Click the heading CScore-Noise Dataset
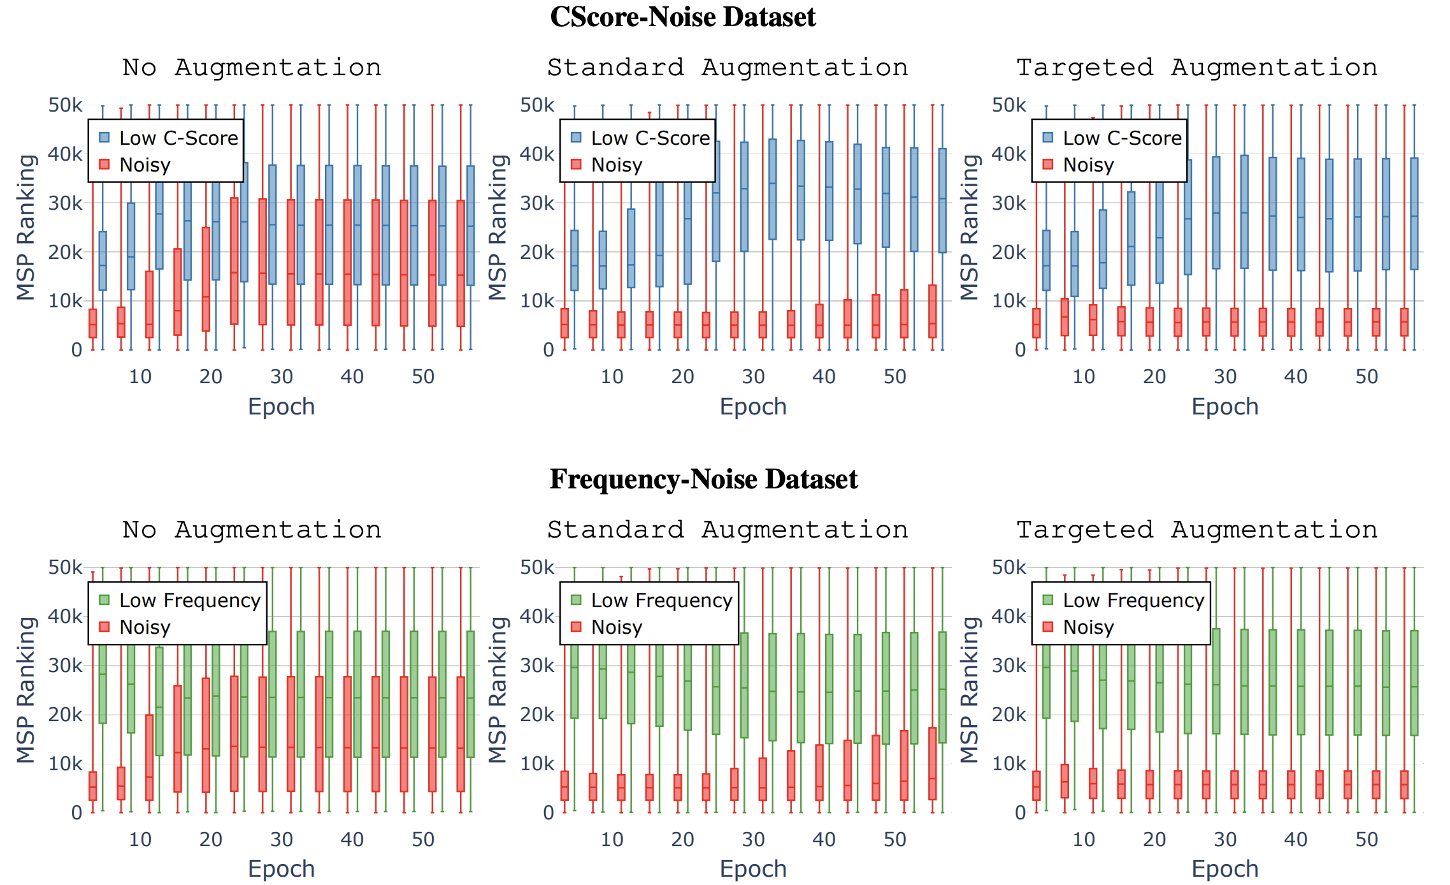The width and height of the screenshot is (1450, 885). coord(682,17)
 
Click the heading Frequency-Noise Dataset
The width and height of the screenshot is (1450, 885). coord(703,479)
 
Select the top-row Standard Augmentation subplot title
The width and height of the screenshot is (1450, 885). coord(727,68)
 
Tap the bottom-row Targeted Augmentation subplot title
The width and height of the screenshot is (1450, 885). coord(1196,530)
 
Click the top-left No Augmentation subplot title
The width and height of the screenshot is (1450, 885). coord(252,68)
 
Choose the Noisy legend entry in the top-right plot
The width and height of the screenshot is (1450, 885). coord(1087,165)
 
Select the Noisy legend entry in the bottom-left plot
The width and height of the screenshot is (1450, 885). coord(145,627)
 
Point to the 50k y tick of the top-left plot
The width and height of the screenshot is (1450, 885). coord(65,105)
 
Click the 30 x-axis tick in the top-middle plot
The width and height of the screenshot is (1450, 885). coord(753,377)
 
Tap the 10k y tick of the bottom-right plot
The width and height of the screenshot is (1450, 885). coord(1009,763)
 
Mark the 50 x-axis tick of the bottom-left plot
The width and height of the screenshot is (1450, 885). coord(423,839)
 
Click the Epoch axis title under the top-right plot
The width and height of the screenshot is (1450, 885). coord(1224,407)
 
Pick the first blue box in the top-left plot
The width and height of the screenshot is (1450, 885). coord(103,261)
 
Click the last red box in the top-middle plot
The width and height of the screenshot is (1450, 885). coord(933,311)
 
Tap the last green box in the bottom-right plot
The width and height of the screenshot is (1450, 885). coord(1414,683)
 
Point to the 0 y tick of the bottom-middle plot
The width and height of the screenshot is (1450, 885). coord(548,812)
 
